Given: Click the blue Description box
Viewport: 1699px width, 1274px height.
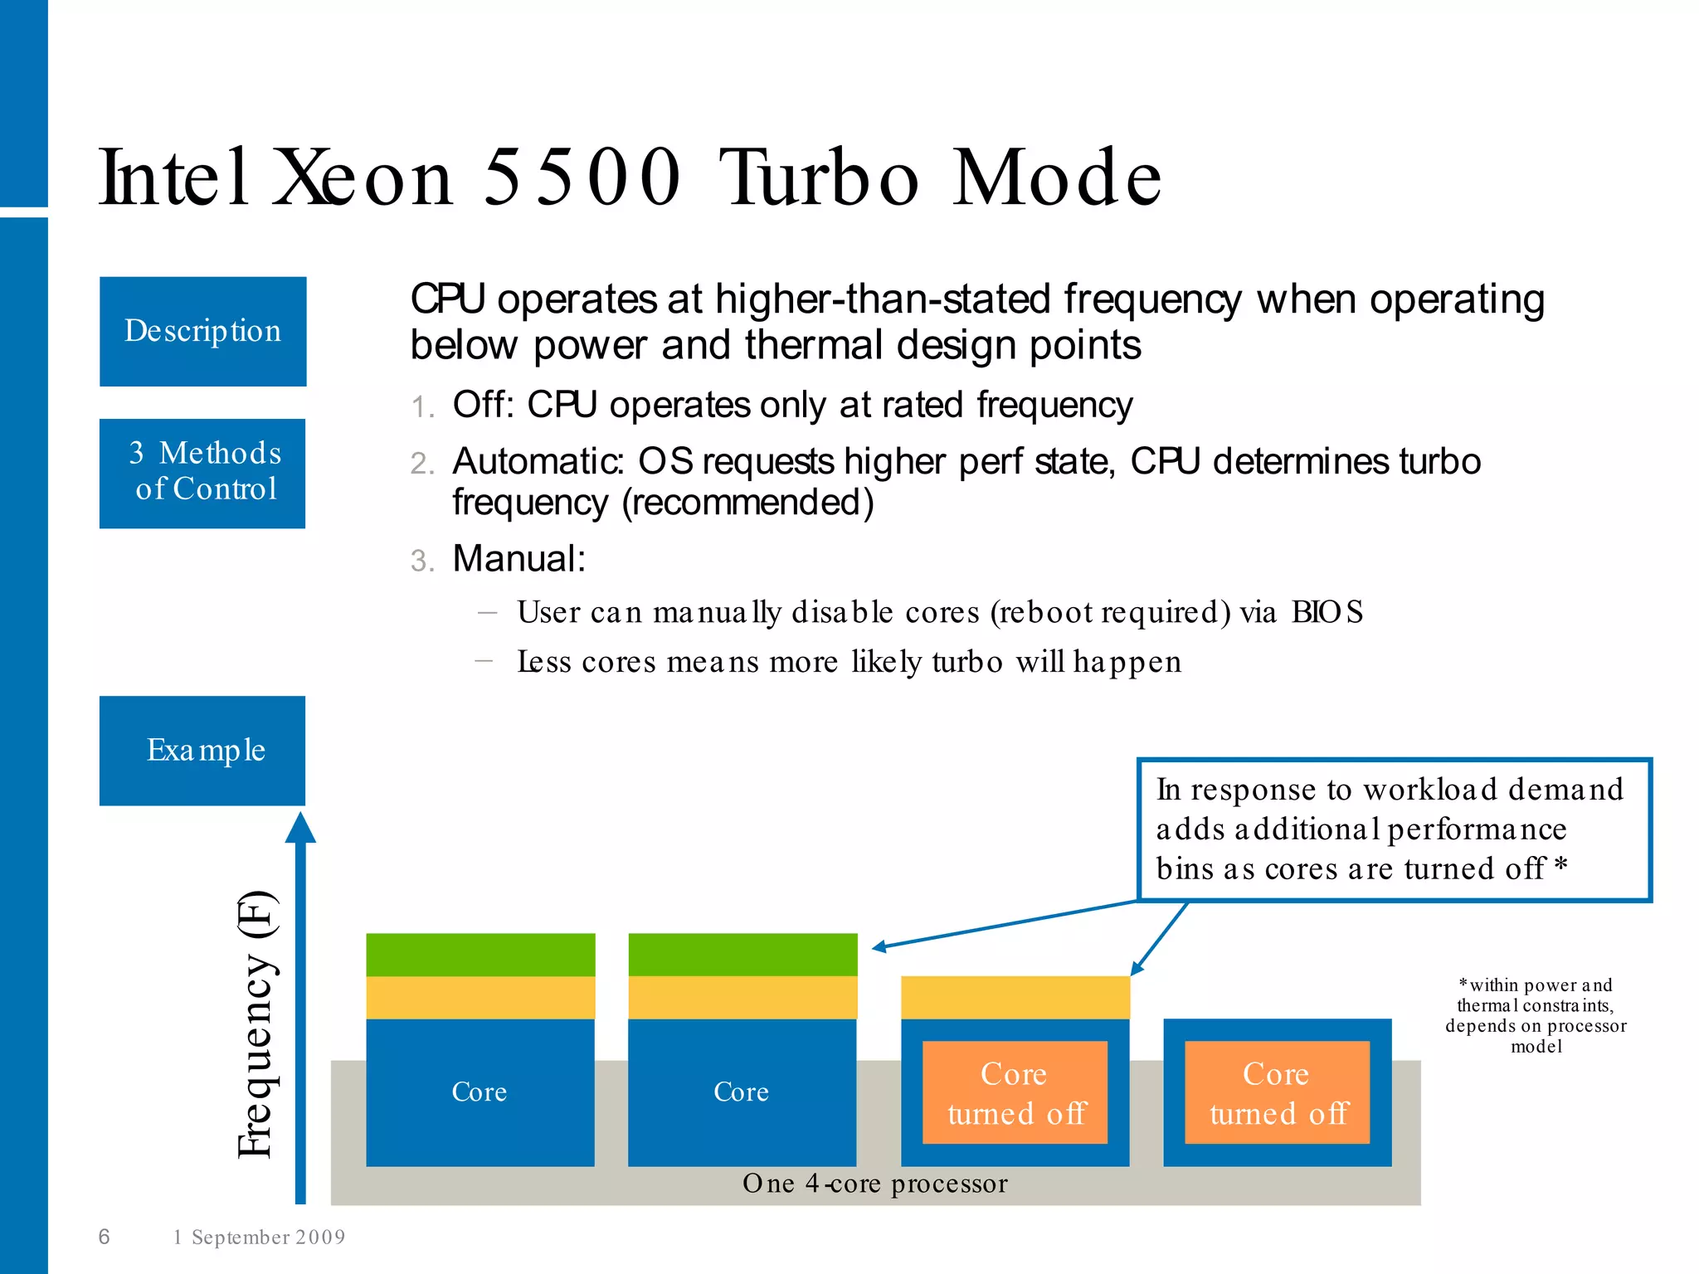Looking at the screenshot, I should (x=202, y=331).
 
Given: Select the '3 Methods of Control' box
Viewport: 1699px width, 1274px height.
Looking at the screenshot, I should (x=202, y=473).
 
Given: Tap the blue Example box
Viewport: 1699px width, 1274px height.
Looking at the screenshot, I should (x=202, y=750).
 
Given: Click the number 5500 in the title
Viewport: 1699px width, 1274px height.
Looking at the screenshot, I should (x=581, y=177).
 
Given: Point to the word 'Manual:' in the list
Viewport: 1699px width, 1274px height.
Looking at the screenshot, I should (x=519, y=558).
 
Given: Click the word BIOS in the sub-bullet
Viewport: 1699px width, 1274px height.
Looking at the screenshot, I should (x=1327, y=612).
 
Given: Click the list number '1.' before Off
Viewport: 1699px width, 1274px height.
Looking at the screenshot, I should (x=422, y=407).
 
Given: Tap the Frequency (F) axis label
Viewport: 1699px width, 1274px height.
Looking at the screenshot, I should (x=256, y=1024).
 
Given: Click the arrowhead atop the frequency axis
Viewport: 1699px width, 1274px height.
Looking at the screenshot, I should (x=300, y=828).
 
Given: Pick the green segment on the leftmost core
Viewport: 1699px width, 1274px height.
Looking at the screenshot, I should (x=480, y=954).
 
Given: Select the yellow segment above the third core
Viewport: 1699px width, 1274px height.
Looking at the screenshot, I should (x=1015, y=997).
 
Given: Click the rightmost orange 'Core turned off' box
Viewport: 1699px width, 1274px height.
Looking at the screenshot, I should (x=1277, y=1092).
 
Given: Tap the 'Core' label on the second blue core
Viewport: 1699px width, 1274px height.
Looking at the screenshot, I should (x=741, y=1092).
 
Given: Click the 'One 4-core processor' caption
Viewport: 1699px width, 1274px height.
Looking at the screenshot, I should (x=874, y=1184).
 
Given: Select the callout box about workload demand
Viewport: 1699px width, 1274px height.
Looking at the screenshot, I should (x=1394, y=829).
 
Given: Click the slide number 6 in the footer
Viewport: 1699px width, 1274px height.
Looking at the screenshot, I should (x=105, y=1237).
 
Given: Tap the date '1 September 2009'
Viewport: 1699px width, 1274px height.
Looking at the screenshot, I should (x=259, y=1238).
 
